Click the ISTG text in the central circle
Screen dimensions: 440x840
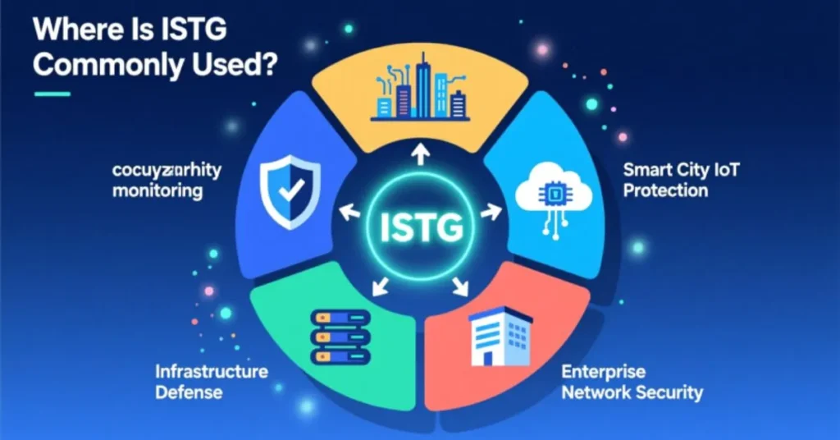click(x=421, y=226)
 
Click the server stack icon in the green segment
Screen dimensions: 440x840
click(x=337, y=337)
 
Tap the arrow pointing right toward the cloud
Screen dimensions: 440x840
click(x=491, y=213)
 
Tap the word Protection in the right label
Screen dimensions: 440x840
click(x=665, y=191)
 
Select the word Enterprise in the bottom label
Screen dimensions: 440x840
click(x=604, y=372)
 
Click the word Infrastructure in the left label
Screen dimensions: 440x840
click(x=212, y=371)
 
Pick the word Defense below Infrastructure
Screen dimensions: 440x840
click(x=189, y=392)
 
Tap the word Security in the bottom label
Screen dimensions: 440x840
click(x=668, y=392)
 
